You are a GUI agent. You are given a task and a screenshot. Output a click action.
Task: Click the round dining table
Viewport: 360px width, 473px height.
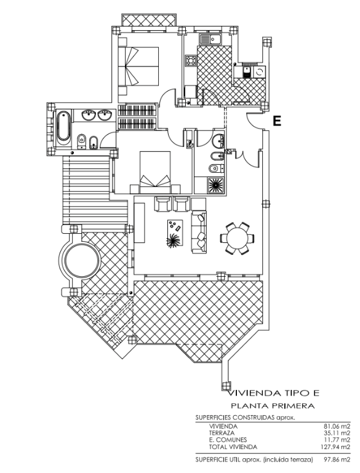click(237, 237)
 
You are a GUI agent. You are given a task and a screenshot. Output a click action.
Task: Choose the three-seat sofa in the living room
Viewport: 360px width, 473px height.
click(199, 232)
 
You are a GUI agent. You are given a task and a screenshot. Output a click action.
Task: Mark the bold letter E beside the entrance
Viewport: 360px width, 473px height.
click(277, 121)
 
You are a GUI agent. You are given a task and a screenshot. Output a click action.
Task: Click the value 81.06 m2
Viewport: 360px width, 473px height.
click(337, 426)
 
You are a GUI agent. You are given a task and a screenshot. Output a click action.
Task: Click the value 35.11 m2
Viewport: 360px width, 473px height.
click(337, 432)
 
